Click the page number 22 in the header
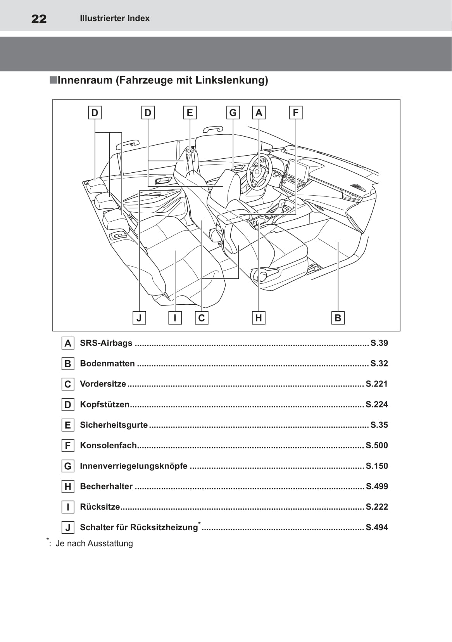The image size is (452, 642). (39, 19)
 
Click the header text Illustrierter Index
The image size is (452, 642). (114, 18)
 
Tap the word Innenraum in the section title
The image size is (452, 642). (85, 80)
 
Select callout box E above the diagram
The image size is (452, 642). (190, 113)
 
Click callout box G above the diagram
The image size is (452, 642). (233, 113)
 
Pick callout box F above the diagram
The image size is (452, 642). (296, 113)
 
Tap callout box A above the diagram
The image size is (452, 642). (259, 113)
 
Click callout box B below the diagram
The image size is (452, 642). (338, 318)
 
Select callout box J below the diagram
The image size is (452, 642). (139, 318)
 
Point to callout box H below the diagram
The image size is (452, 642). (259, 318)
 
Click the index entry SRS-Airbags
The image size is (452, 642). (106, 343)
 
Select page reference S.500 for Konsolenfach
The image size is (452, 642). (377, 445)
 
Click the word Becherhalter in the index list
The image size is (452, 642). (106, 486)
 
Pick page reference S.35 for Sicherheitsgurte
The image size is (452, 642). (379, 425)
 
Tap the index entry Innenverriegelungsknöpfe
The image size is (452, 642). (133, 466)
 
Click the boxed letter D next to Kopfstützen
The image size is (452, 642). (68, 405)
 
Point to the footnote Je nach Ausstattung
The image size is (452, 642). (94, 543)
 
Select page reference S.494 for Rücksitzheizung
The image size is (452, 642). (377, 527)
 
